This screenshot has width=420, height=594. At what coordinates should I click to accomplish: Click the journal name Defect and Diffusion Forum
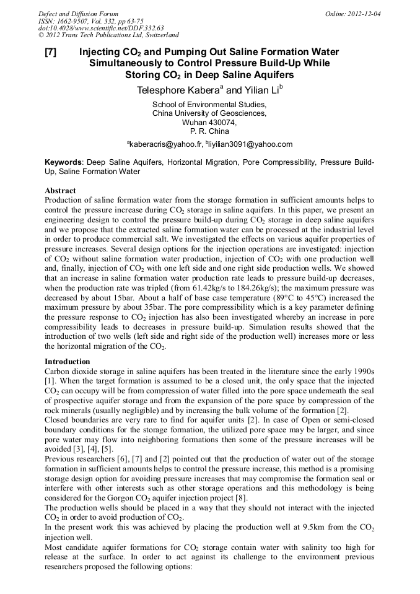pos(78,14)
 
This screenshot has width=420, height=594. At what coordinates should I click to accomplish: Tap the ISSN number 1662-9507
pos(77,21)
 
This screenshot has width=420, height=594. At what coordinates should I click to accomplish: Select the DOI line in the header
pos(101,28)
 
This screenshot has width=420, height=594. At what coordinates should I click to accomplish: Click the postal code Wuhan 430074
pos(209,122)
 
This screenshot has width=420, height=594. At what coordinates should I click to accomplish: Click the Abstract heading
pos(61,191)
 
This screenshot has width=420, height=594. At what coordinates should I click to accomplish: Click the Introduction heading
pos(68,361)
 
